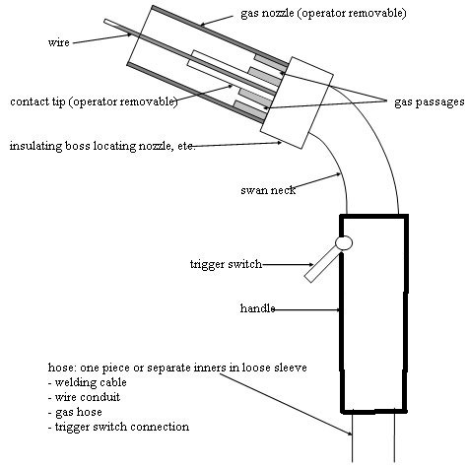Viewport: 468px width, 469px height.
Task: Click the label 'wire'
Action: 58,42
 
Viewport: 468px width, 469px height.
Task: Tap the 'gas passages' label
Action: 429,102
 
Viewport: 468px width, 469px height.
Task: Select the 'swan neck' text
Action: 268,190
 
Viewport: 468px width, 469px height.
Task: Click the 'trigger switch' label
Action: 226,264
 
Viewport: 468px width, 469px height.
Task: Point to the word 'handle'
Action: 257,308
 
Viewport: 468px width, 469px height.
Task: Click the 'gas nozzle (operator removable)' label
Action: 323,14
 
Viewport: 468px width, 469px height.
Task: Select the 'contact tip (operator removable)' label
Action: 94,101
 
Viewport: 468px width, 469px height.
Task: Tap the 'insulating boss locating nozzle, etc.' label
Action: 102,146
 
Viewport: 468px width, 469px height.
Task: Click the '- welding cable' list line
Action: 87,382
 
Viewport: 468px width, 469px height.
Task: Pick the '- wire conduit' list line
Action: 84,397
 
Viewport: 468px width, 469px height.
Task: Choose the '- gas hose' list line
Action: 75,412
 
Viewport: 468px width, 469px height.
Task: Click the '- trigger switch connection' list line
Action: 118,427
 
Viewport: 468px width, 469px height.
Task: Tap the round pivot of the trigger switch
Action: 344,243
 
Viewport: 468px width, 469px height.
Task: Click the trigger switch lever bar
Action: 322,265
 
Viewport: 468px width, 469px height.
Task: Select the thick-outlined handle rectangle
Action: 340,313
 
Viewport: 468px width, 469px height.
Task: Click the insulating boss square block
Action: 297,102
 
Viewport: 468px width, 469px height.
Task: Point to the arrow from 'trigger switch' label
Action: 289,264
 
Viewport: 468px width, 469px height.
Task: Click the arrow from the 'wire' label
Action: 102,38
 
